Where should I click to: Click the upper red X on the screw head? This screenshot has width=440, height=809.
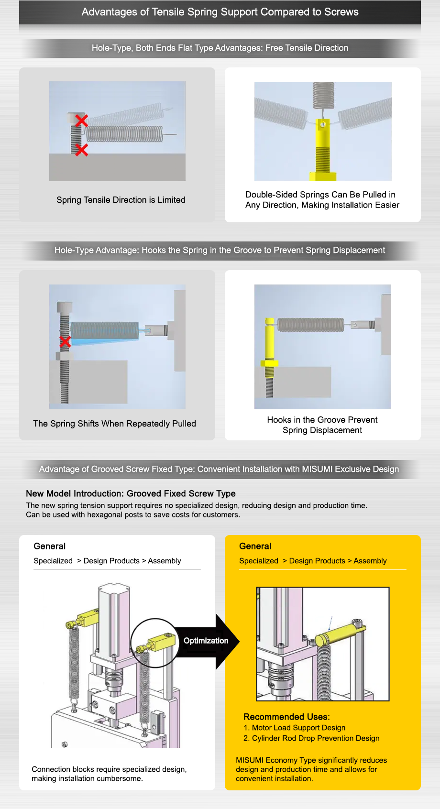click(81, 120)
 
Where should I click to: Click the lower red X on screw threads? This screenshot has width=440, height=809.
click(81, 150)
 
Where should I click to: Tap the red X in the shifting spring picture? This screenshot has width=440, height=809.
click(65, 341)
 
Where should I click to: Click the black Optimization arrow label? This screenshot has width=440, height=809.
click(206, 641)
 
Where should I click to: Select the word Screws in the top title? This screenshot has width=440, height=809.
click(341, 12)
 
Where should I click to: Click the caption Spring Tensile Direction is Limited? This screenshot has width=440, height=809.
click(121, 200)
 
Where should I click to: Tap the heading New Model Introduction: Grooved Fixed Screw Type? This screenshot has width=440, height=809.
click(131, 493)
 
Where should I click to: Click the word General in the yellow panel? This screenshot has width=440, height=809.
click(255, 546)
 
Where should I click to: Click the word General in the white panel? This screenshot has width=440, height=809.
click(49, 546)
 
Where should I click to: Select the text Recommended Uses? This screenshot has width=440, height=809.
click(286, 717)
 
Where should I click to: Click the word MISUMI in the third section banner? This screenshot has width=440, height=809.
click(317, 469)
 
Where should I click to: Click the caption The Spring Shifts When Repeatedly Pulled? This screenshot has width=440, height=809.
click(114, 424)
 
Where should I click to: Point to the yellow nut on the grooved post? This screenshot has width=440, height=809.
click(269, 363)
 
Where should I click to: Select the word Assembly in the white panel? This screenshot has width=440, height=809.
click(164, 561)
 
